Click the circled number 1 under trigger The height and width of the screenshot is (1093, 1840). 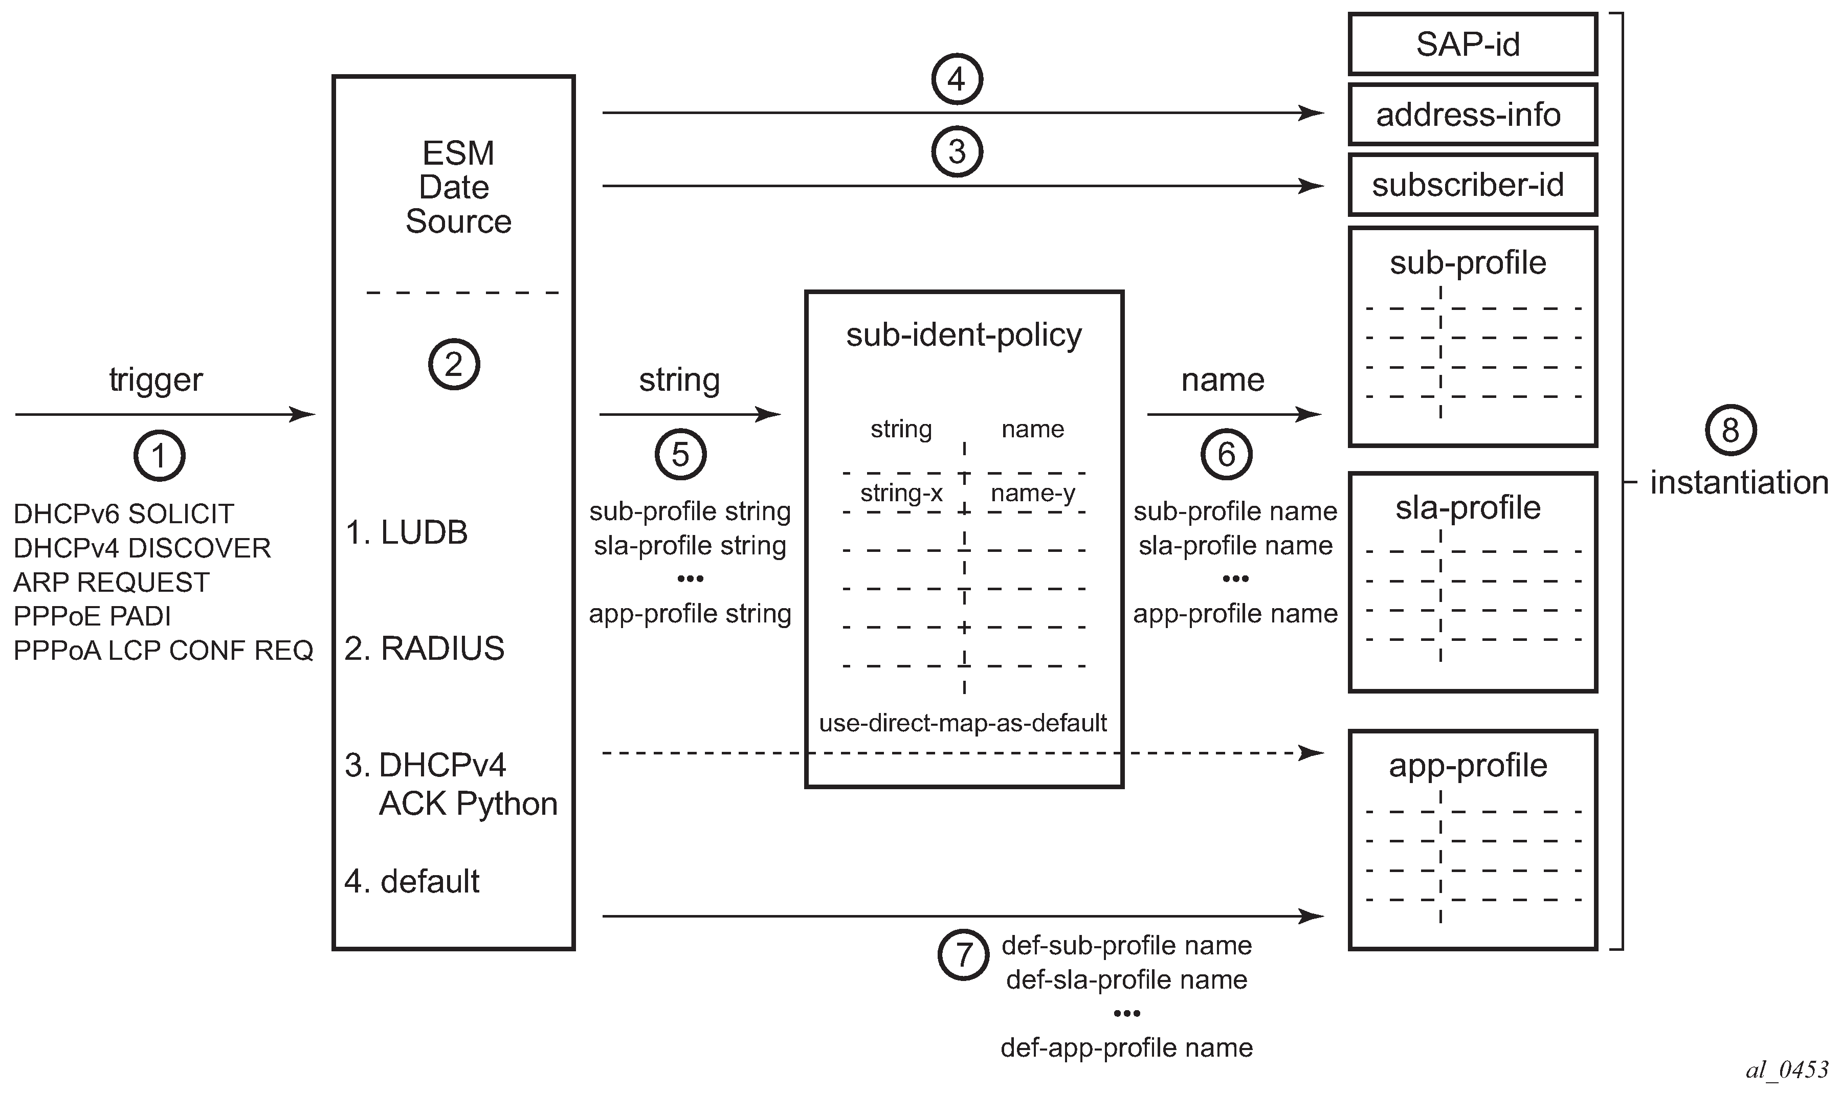point(159,456)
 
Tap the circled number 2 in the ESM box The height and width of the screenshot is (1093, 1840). point(454,364)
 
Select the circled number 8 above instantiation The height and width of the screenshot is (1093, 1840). point(1730,430)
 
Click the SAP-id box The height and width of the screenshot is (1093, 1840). point(1472,44)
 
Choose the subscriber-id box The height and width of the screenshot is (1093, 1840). point(1472,185)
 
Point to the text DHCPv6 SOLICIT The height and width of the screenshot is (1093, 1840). point(124,514)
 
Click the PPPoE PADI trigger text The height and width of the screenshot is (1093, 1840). point(92,616)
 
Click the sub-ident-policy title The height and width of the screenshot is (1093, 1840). point(963,335)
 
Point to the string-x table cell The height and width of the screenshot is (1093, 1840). point(901,493)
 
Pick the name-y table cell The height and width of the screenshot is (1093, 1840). point(1033,493)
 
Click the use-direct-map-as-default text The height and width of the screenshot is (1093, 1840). point(963,723)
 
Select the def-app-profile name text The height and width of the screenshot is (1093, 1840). point(1126,1047)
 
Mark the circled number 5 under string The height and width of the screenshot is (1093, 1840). point(680,454)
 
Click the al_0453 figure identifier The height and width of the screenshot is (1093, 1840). point(1787,1069)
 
